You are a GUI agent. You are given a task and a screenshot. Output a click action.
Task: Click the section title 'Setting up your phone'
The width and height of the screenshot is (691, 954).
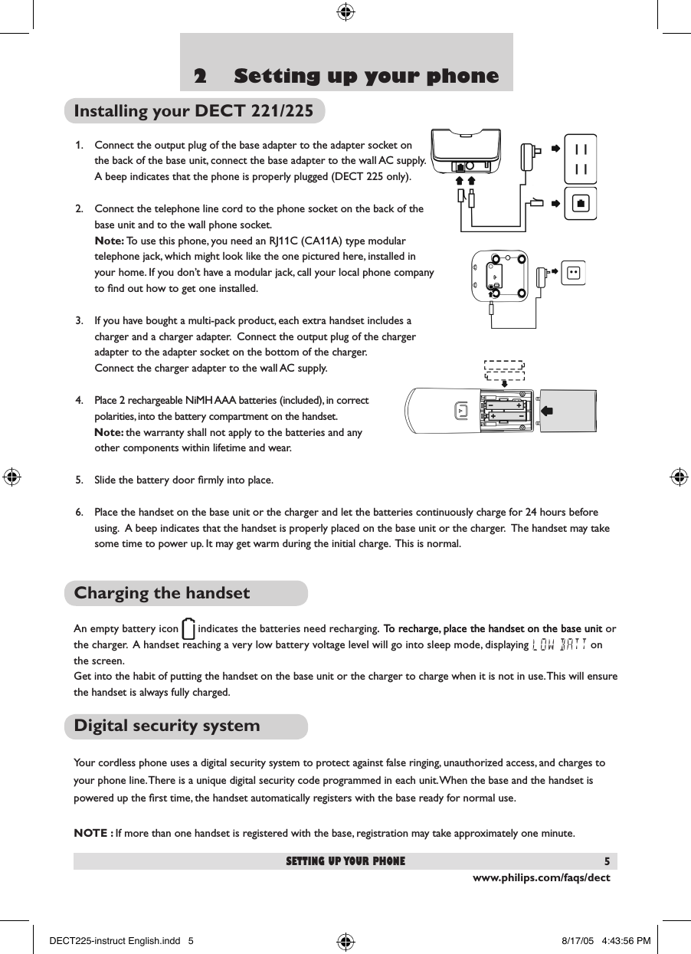pyautogui.click(x=366, y=77)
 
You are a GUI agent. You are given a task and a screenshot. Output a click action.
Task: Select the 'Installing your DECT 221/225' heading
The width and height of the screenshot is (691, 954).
pyautogui.click(x=193, y=111)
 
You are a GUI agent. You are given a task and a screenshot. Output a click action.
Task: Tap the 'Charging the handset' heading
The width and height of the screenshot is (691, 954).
pyautogui.click(x=162, y=593)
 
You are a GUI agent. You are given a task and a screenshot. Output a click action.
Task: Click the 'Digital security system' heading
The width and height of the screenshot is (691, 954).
pyautogui.click(x=167, y=725)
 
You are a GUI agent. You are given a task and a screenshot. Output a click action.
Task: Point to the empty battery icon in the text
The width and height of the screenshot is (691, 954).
pyautogui.click(x=188, y=630)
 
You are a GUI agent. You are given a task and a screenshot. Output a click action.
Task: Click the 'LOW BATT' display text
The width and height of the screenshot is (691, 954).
pyautogui.click(x=559, y=644)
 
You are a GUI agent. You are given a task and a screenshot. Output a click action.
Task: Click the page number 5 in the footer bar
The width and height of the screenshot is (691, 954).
pyautogui.click(x=606, y=861)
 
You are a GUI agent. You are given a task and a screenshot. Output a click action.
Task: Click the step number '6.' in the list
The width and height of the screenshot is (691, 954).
pyautogui.click(x=80, y=512)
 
